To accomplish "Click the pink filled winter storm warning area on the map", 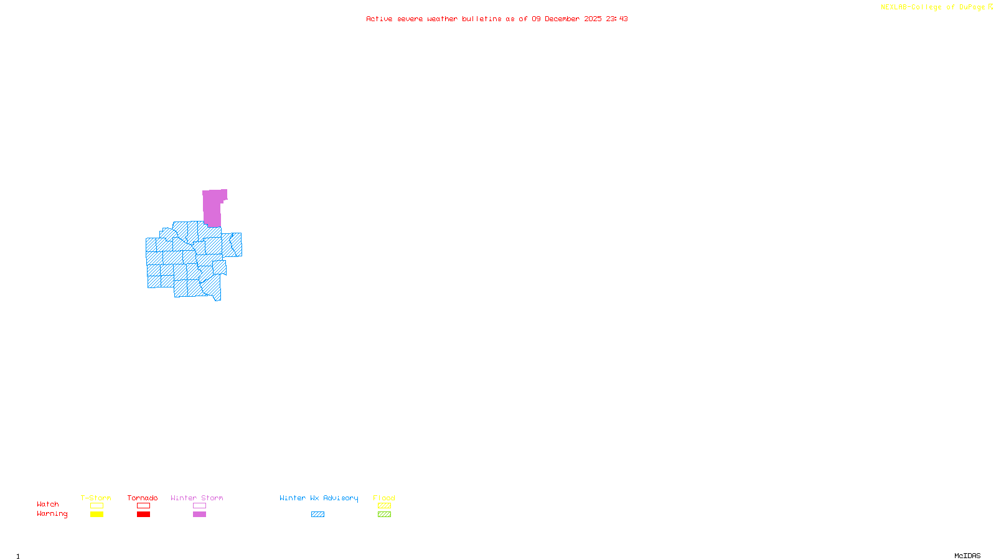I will (212, 208).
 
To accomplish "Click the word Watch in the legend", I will (48, 504).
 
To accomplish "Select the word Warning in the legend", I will (52, 514).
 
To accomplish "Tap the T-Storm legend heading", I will (96, 498).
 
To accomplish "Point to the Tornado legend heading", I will (143, 498).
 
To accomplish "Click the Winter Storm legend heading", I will (197, 498).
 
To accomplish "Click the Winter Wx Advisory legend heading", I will (319, 498).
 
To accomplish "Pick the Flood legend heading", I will (384, 498).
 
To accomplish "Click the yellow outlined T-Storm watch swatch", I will (96, 506).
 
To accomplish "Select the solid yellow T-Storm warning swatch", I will (96, 515).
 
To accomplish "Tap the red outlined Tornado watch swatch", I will (143, 506).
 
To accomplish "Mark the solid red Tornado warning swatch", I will (143, 515).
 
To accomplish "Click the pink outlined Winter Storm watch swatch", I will (199, 506).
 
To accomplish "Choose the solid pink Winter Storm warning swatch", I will (199, 515).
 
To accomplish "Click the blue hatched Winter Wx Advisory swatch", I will (317, 515).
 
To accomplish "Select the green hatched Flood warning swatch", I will (384, 515).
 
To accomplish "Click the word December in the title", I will (562, 19).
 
